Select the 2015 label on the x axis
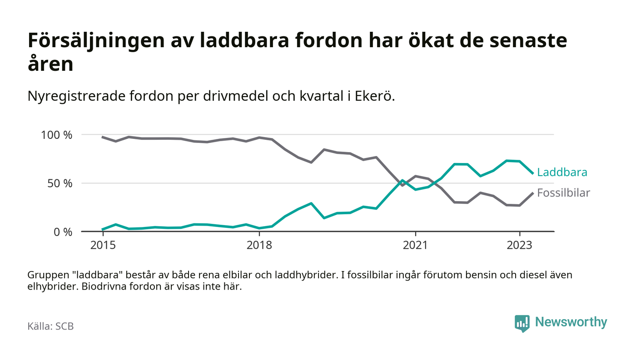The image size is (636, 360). (x=103, y=245)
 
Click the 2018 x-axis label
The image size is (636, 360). (x=259, y=245)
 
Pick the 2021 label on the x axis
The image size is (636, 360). (x=415, y=245)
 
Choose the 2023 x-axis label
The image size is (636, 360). (x=519, y=245)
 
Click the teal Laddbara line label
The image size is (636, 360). (x=562, y=173)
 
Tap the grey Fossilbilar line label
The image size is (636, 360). (x=563, y=193)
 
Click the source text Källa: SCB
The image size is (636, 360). (x=50, y=326)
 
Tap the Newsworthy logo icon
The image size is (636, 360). (x=522, y=323)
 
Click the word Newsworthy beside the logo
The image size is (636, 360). (x=571, y=322)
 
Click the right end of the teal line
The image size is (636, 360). (x=532, y=173)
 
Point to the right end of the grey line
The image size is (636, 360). (x=532, y=193)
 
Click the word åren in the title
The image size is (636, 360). (x=50, y=64)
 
